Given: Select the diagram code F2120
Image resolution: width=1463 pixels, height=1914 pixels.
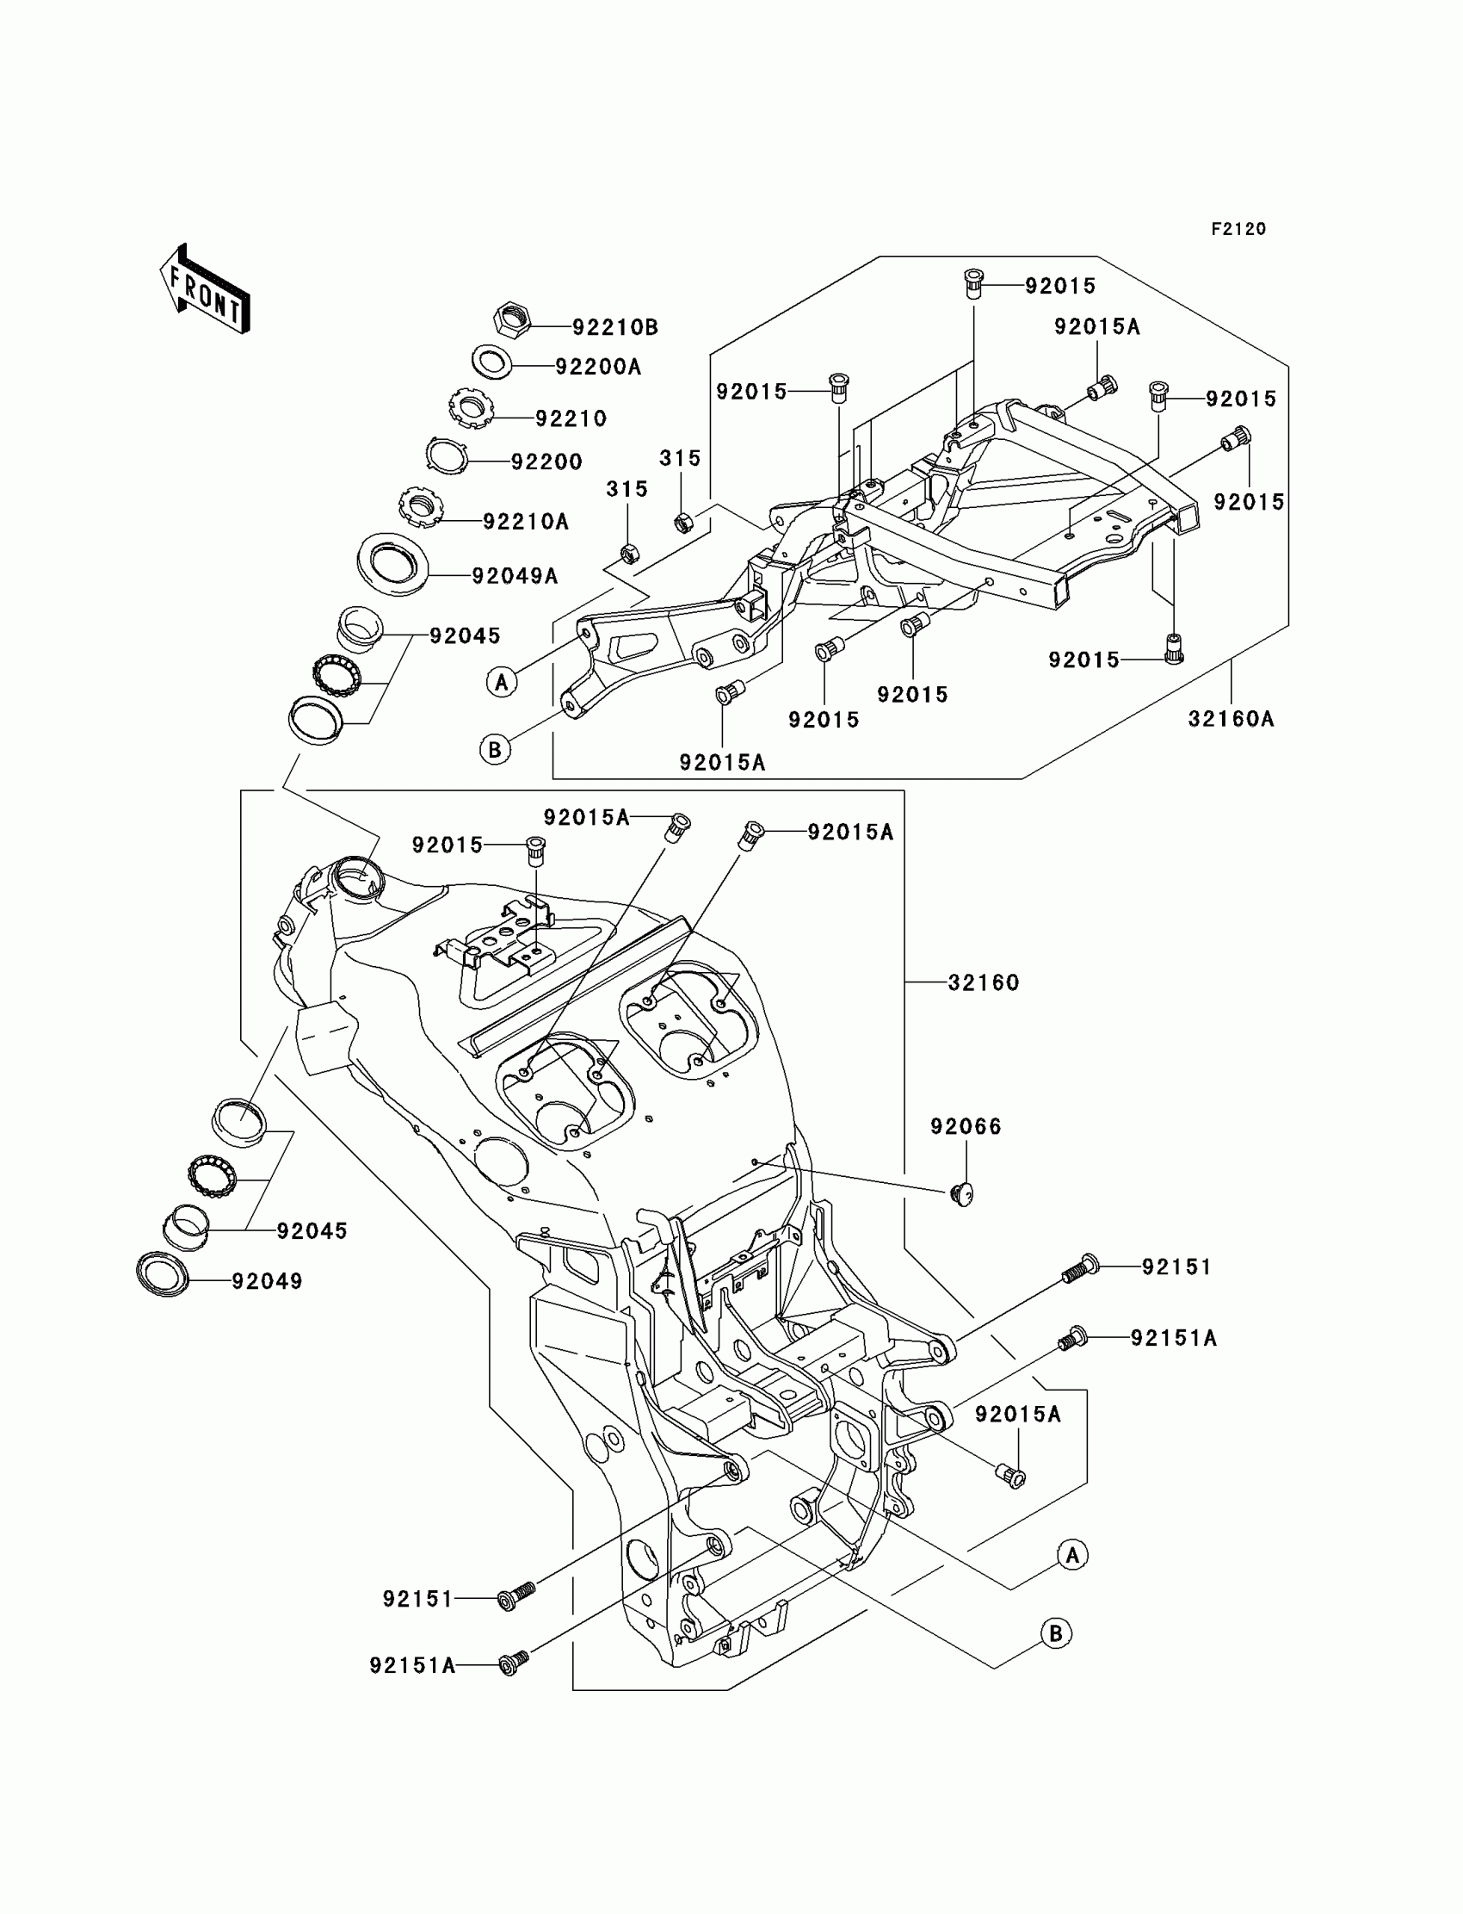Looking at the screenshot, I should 1238,229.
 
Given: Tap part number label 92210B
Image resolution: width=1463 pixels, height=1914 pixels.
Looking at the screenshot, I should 614,327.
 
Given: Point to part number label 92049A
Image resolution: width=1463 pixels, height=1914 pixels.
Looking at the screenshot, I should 515,576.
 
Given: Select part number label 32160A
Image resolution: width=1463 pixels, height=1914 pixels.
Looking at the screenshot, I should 1231,719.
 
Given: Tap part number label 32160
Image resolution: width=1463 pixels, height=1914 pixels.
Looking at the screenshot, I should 983,982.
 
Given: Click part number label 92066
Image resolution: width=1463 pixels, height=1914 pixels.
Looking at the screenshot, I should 966,1126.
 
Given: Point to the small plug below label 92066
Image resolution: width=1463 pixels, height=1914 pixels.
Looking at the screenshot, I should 961,1193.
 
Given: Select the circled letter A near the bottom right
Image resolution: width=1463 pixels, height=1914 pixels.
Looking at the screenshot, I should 1072,1555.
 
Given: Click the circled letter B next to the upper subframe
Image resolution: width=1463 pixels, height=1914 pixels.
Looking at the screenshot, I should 496,749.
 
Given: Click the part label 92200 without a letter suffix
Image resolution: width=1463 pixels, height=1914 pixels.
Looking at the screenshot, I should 546,461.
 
